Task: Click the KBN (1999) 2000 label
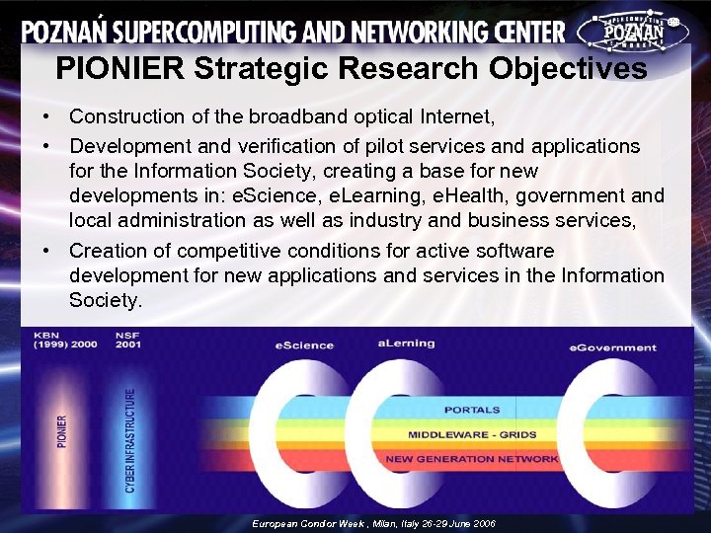point(65,341)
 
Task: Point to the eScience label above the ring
point(304,345)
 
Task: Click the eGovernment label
point(612,347)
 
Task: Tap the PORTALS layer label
point(472,410)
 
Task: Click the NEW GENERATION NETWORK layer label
point(472,459)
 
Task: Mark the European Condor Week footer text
point(373,523)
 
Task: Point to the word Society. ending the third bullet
point(106,299)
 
